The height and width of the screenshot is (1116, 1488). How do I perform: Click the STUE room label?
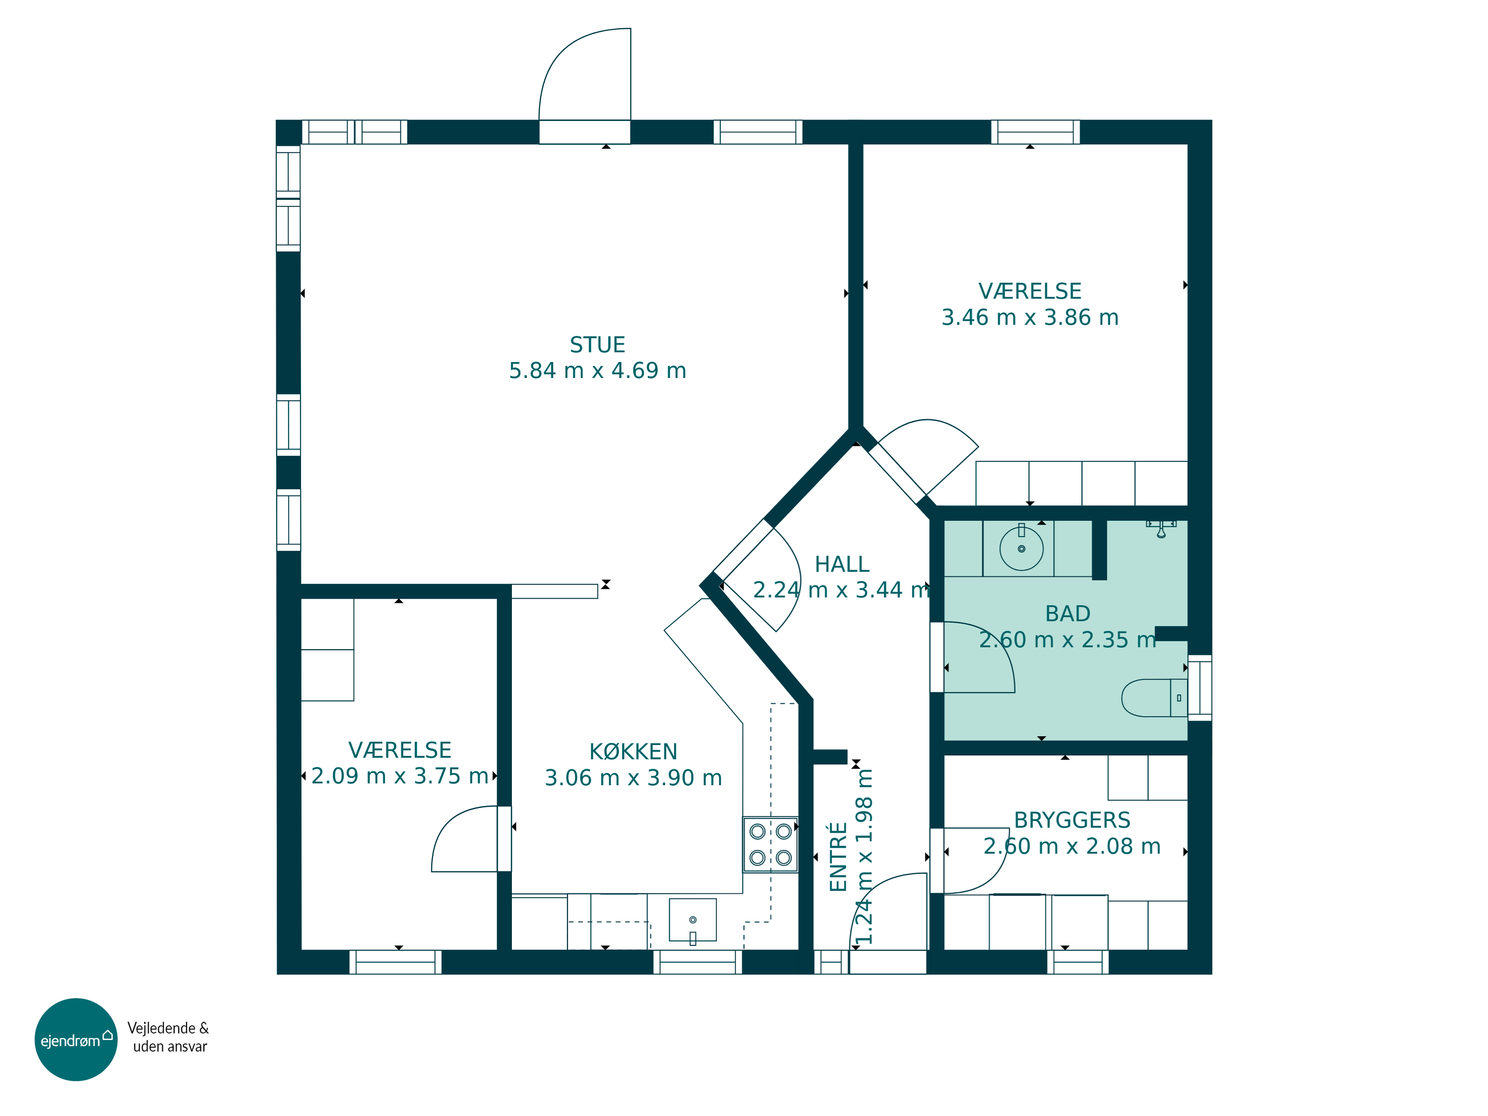click(597, 345)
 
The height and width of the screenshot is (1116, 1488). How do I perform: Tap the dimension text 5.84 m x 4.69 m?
click(597, 371)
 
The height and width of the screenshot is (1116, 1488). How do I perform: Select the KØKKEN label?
click(633, 751)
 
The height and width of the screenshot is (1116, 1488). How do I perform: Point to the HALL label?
click(842, 564)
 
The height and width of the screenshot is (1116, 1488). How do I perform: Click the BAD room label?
click(1067, 614)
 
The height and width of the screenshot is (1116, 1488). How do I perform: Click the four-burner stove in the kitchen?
click(770, 845)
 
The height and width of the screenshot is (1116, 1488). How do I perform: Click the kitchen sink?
click(693, 920)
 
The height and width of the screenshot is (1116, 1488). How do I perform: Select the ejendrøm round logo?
click(76, 1040)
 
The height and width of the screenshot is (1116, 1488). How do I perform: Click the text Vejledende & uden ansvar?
click(169, 1037)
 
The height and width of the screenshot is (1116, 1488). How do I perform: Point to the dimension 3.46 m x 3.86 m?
click(1030, 317)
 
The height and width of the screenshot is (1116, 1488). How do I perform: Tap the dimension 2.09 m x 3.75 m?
click(400, 776)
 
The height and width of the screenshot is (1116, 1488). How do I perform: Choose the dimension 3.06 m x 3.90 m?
click(633, 778)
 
